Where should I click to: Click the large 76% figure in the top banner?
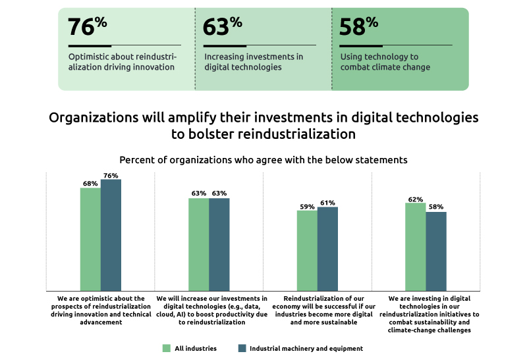tap(87, 27)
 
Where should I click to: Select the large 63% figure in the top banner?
tap(223, 27)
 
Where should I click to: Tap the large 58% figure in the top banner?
tap(358, 27)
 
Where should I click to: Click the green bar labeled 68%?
tap(90, 240)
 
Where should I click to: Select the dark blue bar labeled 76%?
tap(111, 236)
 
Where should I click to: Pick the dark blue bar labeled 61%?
tap(327, 249)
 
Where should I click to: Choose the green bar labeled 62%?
tap(415, 247)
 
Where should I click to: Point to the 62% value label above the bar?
tap(415, 199)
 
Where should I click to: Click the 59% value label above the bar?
tap(307, 207)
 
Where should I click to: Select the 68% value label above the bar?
tap(90, 184)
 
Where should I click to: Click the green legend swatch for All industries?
tap(167, 348)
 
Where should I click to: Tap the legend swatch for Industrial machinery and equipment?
tap(241, 348)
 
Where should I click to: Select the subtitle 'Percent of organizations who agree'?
tap(263, 160)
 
